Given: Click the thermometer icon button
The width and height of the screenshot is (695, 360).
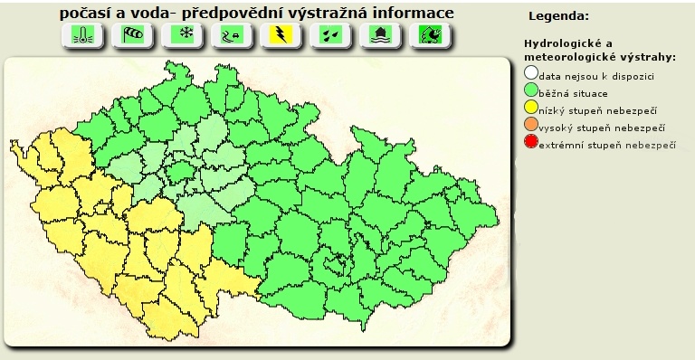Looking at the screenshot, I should [x=81, y=35].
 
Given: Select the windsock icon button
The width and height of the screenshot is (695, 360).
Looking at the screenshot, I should [x=132, y=35].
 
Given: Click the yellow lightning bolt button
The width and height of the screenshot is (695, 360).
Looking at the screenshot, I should [x=281, y=35].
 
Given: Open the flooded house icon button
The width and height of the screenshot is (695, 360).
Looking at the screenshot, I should [x=377, y=35].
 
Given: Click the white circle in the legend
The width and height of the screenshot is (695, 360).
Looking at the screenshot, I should [x=531, y=74].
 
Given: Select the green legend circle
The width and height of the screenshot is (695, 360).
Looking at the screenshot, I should [x=531, y=90].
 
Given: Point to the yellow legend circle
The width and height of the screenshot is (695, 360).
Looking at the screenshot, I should [x=531, y=109].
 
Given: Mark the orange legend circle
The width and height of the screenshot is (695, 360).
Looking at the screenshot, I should [x=531, y=126].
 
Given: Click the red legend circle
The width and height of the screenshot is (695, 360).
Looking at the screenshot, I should [x=531, y=143].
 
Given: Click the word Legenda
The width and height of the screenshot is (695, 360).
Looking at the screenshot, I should [x=558, y=16].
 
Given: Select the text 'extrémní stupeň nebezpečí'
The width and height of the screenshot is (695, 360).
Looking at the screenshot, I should [x=607, y=145].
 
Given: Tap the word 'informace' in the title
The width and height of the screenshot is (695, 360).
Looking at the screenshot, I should [x=413, y=14].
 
